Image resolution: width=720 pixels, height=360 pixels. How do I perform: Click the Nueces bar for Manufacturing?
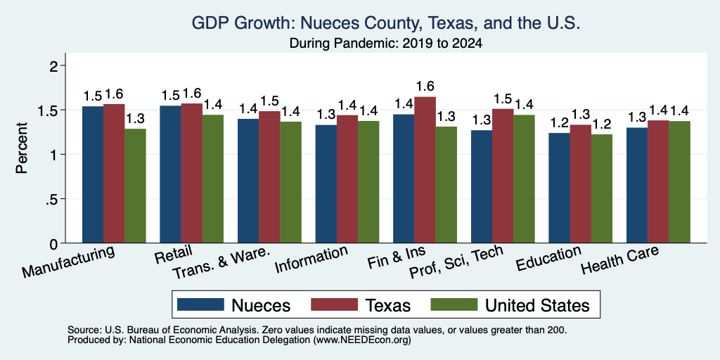pos(93,174)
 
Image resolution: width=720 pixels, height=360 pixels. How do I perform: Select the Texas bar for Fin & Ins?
pos(425,170)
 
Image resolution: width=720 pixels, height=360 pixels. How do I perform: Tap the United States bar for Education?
pos(602,188)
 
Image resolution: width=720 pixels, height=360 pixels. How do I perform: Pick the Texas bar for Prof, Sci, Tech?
pos(503,176)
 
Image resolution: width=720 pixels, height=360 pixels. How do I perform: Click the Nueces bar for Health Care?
pos(637,185)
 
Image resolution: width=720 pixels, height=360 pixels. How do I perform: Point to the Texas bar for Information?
pos(347,179)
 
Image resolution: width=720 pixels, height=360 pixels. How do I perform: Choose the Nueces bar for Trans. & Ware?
pos(248,181)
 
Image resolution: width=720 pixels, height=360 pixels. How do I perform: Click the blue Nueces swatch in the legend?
pos(200,304)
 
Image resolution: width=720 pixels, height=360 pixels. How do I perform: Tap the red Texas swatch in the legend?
pos(334,304)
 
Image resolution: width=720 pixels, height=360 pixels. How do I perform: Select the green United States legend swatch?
pos(454,304)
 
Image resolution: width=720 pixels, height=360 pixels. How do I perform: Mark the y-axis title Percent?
pos(22,148)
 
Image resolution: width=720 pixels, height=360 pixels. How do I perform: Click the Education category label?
pos(548,258)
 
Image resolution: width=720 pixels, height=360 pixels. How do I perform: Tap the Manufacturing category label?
pos(68,262)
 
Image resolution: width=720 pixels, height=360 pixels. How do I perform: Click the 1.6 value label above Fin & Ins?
pos(425,86)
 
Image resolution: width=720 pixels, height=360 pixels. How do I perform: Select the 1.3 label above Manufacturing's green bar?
pos(135,118)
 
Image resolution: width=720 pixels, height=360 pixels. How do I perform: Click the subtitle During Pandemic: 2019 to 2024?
pos(386,44)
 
